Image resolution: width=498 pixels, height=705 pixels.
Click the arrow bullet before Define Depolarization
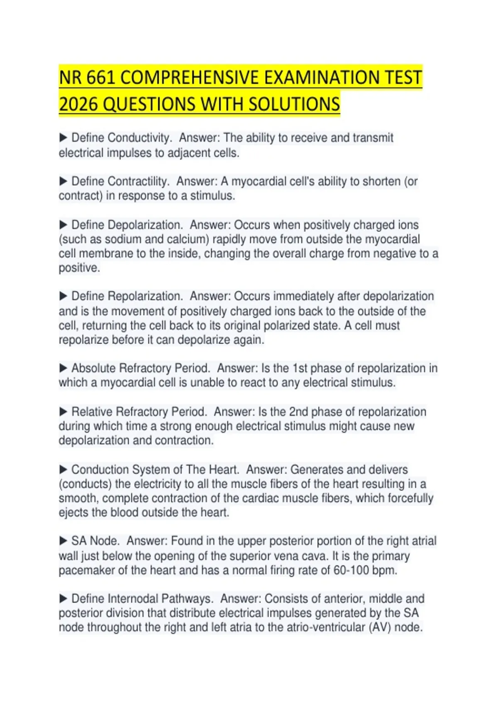[63, 225]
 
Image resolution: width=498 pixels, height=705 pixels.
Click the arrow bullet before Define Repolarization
[63, 296]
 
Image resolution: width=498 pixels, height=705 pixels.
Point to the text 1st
[300, 368]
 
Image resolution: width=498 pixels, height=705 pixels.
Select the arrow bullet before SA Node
[63, 541]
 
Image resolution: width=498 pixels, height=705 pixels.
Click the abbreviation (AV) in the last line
[380, 627]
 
